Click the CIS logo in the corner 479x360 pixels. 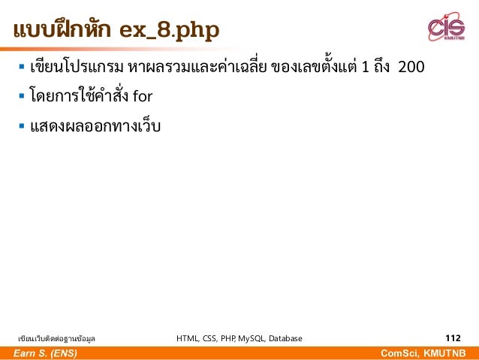click(446, 28)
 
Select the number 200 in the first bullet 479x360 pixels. click(411, 68)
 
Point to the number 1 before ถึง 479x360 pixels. click(365, 68)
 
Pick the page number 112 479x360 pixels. click(453, 338)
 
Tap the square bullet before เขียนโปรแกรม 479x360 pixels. click(21, 68)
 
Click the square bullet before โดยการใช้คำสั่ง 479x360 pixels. click(21, 96)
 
